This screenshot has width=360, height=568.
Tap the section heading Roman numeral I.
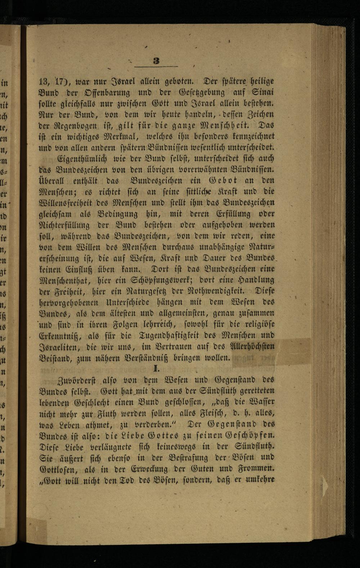tap(156, 368)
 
